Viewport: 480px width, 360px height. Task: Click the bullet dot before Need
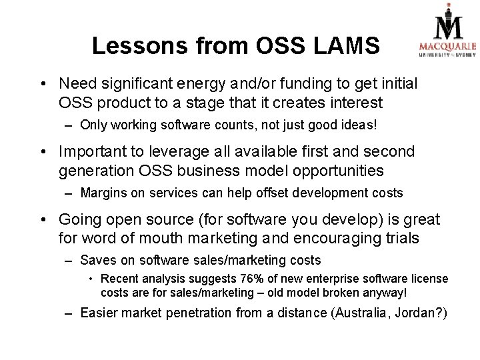(x=43, y=85)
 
